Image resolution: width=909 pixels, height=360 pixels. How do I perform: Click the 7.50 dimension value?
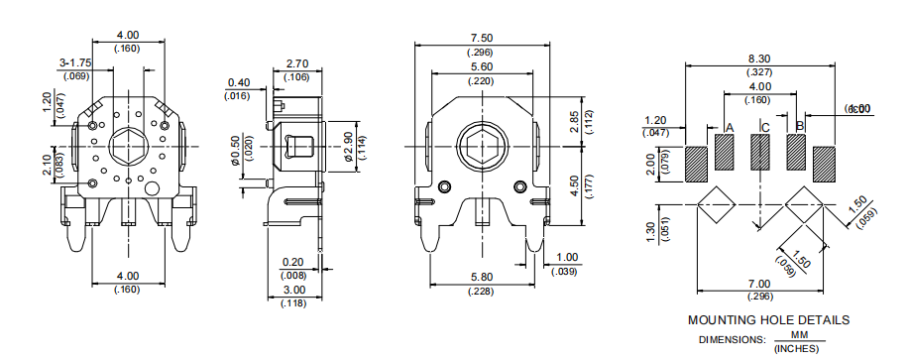tap(483, 38)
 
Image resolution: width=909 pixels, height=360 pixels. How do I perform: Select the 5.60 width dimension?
tap(483, 66)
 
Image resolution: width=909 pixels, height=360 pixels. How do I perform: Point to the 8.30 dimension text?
tap(760, 59)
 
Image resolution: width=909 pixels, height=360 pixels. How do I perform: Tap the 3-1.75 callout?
tap(75, 62)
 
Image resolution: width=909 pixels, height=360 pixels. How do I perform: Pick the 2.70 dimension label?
tap(296, 63)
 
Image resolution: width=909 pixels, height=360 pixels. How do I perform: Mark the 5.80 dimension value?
tap(482, 277)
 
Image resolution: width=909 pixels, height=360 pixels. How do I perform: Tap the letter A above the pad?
tap(730, 127)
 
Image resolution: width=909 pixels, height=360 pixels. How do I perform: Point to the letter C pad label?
tap(764, 127)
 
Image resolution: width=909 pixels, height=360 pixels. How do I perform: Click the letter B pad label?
tap(800, 126)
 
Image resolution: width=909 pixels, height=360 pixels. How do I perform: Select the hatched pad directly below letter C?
tap(760, 153)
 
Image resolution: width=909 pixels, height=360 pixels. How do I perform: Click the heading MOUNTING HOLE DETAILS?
tap(768, 320)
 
